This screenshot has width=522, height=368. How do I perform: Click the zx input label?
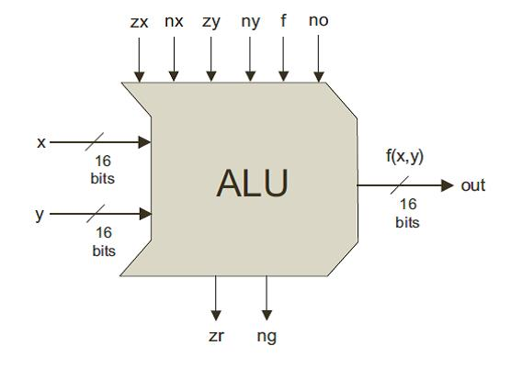coord(139,20)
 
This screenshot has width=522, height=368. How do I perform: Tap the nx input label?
coord(174,20)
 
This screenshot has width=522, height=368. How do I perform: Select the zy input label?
coord(211,20)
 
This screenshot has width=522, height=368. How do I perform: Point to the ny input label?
coord(249,20)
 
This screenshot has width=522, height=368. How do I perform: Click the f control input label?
coord(283,19)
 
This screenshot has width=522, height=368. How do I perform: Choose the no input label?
coord(318,20)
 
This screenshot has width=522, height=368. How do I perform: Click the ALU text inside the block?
coord(252,184)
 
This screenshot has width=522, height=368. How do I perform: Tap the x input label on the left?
coord(41,143)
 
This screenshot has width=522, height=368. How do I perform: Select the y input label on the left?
coord(40,215)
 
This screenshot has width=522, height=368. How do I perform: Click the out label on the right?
coord(473,185)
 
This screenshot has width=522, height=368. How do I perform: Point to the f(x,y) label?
coord(403,156)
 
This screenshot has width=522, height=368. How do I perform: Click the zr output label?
coord(216,336)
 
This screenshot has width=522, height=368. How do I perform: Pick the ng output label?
coord(267,336)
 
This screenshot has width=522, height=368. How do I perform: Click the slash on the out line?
coord(405,185)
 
